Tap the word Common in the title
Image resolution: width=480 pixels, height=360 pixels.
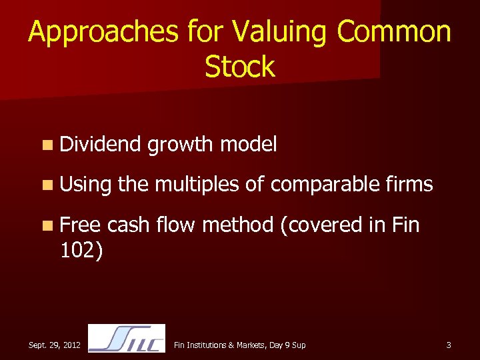pos(394,32)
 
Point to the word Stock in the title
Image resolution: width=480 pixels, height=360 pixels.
pos(239,67)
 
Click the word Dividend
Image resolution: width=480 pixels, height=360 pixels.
pos(100,143)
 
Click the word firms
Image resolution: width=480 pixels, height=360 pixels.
pos(408,184)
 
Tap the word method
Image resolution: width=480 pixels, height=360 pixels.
pos(237,225)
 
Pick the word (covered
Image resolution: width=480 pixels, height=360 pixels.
pos(321,225)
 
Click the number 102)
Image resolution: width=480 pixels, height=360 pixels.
pos(81,251)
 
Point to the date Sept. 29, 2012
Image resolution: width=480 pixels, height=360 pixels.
pos(55,345)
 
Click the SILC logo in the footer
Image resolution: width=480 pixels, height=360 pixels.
pos(127,339)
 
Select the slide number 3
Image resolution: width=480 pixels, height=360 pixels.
pos(449,345)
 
